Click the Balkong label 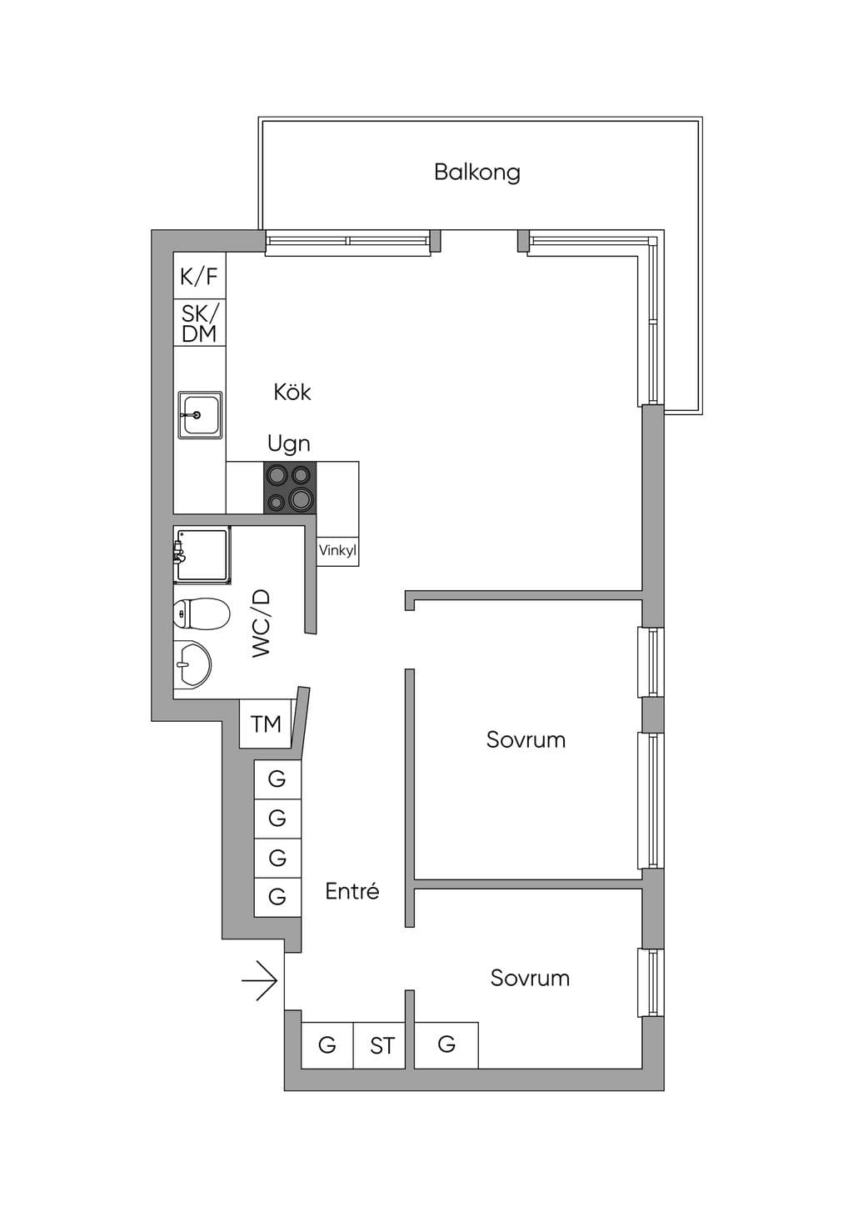tap(477, 173)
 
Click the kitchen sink tap(200, 415)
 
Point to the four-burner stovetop tap(290, 487)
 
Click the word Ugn tap(289, 444)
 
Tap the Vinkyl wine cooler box tap(337, 551)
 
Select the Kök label tap(292, 392)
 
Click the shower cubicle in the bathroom tap(202, 555)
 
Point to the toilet tap(202, 614)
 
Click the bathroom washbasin tap(192, 664)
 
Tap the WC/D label tap(262, 624)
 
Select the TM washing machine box tap(266, 724)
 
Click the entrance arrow tap(259, 980)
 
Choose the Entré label tap(352, 891)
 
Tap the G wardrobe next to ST tap(327, 1045)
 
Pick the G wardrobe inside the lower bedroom tap(446, 1045)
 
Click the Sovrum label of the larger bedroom tap(526, 740)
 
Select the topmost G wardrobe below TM tap(277, 779)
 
